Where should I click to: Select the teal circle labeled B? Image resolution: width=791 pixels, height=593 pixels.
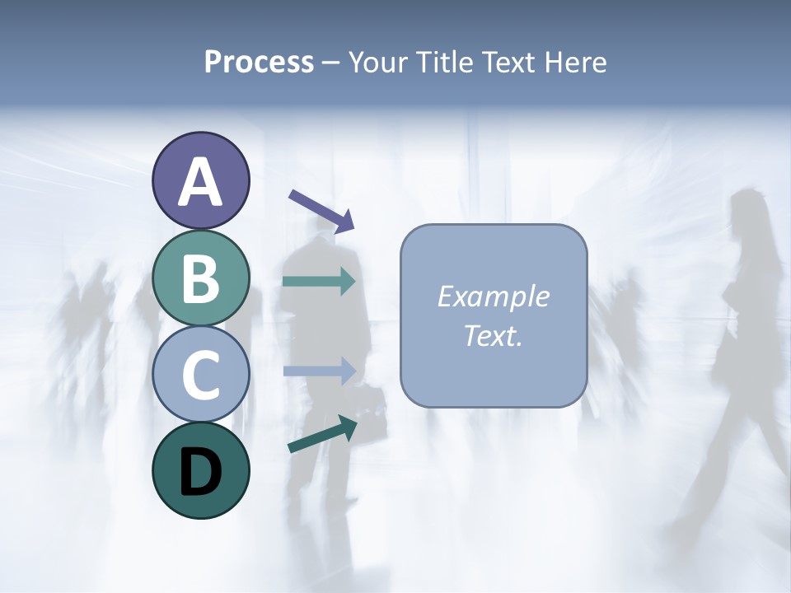[200, 278]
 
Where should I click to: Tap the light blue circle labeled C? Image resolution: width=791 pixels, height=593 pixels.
[200, 374]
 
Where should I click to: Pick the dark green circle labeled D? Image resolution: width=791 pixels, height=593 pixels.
[200, 470]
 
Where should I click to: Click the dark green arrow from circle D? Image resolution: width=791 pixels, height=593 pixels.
[322, 434]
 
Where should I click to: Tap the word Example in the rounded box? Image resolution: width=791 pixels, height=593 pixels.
[493, 296]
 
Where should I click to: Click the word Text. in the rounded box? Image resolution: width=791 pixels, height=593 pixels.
[493, 335]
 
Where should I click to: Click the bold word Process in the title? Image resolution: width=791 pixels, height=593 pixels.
[259, 62]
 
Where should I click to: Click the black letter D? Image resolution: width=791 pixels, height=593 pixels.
[200, 472]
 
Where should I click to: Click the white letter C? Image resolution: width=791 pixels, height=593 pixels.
[200, 375]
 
